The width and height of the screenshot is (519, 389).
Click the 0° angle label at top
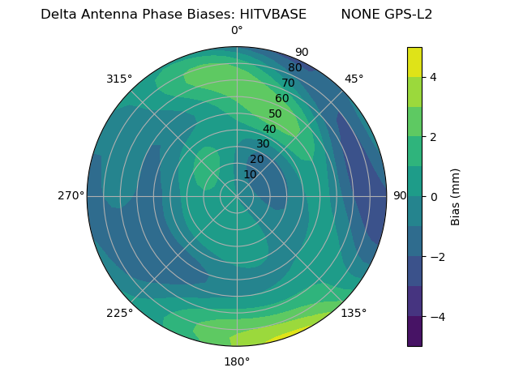[237, 31]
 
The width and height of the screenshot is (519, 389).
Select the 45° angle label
[354, 79]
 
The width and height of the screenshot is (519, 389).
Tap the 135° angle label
[354, 313]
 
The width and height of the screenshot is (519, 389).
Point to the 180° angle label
[237, 361]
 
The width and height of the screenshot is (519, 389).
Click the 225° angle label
[119, 313]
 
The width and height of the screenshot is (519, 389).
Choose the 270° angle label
[71, 195]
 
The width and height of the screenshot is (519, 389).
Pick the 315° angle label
[119, 79]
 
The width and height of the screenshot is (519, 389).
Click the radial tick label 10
[250, 174]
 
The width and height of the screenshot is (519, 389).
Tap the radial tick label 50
[275, 114]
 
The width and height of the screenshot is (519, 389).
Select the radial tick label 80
[294, 68]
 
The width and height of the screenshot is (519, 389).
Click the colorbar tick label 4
[434, 77]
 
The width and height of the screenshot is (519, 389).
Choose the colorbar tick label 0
[434, 197]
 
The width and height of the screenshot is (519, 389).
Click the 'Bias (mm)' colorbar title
[456, 196]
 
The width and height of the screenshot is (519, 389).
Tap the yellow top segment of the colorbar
[414, 62]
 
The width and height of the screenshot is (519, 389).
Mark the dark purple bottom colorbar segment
[414, 331]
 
